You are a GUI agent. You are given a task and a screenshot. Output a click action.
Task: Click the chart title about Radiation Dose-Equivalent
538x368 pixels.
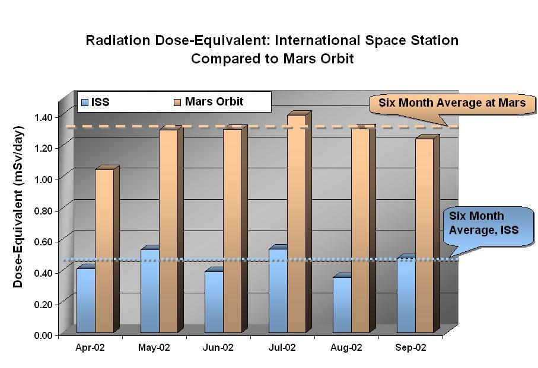pyautogui.click(x=272, y=50)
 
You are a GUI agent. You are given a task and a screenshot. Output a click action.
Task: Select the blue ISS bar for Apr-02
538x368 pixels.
pyautogui.click(x=85, y=300)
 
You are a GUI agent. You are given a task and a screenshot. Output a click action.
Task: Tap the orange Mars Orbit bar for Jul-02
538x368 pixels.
pyautogui.click(x=297, y=224)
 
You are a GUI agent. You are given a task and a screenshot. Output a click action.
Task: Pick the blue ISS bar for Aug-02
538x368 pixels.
pyautogui.click(x=342, y=305)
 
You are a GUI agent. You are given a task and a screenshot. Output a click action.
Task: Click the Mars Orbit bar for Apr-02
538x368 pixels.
pyautogui.click(x=104, y=251)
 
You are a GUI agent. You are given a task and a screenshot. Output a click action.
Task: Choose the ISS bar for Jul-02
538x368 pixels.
pyautogui.click(x=278, y=290)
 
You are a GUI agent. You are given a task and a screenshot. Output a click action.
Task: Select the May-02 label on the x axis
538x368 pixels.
pyautogui.click(x=154, y=348)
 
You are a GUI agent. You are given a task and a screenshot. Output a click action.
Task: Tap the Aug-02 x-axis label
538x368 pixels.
pyautogui.click(x=346, y=348)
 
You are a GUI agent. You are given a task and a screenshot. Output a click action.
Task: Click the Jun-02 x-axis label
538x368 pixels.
pyautogui.click(x=218, y=348)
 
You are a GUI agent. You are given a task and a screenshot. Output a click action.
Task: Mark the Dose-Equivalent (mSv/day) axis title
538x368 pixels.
pyautogui.click(x=18, y=206)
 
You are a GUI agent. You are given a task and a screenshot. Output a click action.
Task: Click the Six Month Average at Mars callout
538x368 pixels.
pyautogui.click(x=452, y=103)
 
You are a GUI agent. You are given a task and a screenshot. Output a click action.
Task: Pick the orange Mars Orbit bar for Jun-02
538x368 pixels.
pyautogui.click(x=233, y=231)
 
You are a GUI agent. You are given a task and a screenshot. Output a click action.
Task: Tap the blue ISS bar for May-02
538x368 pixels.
pyautogui.click(x=149, y=291)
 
